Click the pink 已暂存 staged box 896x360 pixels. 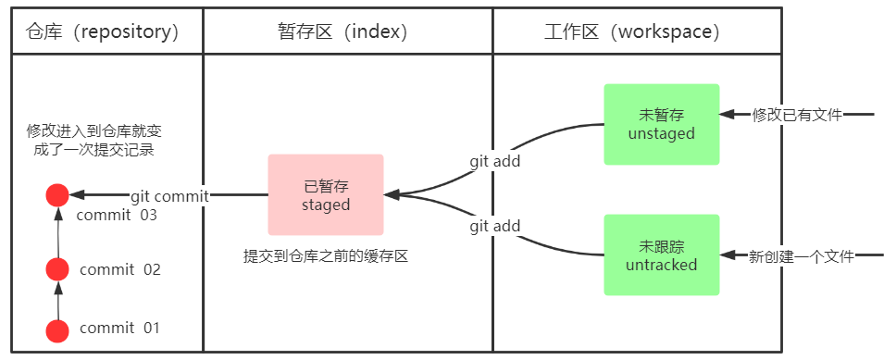[x=326, y=194]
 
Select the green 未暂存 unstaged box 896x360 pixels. [x=661, y=124]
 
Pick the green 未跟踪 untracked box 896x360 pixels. [x=661, y=254]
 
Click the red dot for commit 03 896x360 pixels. [x=57, y=195]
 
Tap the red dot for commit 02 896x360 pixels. [x=57, y=269]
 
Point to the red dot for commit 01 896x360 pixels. [x=57, y=330]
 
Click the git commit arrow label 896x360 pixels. [x=169, y=196]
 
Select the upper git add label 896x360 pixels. [x=494, y=161]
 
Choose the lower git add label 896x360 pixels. [x=494, y=226]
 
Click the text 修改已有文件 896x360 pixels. [x=797, y=115]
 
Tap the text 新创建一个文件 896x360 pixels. [x=801, y=255]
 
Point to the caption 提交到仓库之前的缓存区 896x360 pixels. [x=325, y=256]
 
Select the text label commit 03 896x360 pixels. [x=117, y=216]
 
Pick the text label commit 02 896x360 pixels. [x=120, y=270]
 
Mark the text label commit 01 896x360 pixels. [x=120, y=329]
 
